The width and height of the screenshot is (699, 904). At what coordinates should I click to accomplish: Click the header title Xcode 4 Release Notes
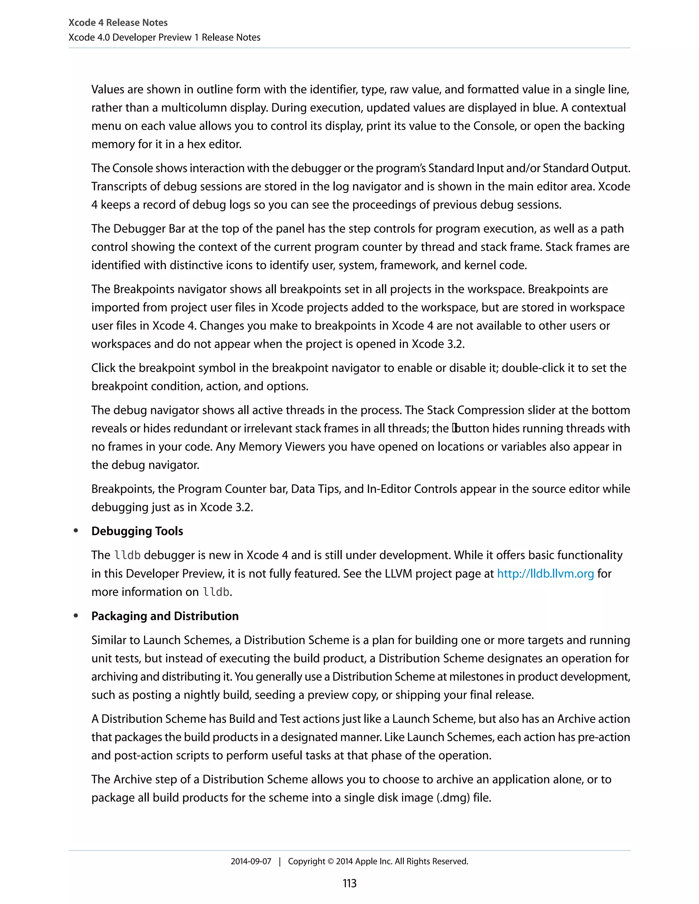pos(118,23)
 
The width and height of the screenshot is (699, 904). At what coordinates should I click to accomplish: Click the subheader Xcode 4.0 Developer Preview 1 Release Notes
pos(165,37)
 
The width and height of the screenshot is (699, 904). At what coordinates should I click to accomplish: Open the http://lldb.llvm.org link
pos(545,574)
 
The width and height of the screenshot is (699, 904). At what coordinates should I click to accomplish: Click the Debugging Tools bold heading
pos(137,531)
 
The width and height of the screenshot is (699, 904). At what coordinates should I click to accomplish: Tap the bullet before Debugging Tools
pos(76,531)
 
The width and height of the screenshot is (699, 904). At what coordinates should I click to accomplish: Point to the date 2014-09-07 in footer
pos(251,861)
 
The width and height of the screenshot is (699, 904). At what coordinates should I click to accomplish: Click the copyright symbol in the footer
pos(330,861)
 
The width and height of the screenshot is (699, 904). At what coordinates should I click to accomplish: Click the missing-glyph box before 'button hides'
pos(454,428)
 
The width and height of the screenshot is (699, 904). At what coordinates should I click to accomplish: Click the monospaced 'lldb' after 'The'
pos(127,555)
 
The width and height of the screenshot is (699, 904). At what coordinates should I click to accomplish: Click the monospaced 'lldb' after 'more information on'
pos(216,592)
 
